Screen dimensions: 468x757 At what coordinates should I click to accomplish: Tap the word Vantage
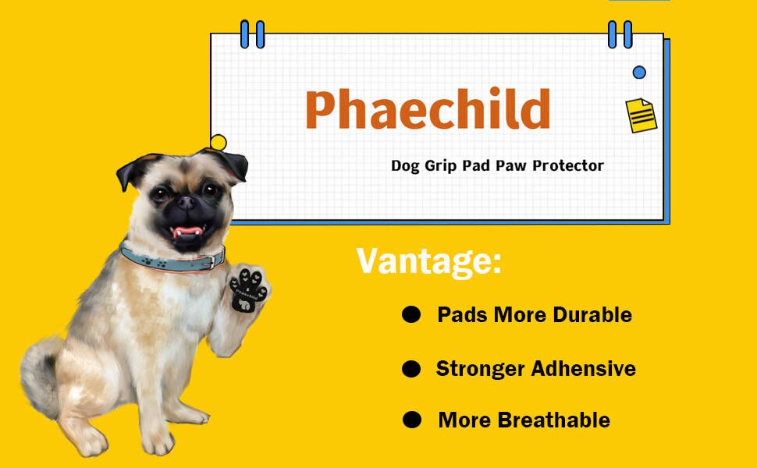point(428,261)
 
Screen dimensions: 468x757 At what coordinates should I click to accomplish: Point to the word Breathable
point(554,420)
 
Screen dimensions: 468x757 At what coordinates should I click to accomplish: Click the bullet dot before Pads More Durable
point(411,315)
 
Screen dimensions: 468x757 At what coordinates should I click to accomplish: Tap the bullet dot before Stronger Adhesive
point(411,369)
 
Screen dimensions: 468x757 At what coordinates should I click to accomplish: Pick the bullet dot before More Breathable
point(411,420)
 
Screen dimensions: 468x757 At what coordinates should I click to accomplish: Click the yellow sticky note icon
point(641,115)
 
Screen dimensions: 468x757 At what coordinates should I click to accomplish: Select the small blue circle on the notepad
point(639,73)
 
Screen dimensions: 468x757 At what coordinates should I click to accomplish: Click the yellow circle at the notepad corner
point(219,142)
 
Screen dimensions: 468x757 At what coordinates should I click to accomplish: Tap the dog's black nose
point(187,203)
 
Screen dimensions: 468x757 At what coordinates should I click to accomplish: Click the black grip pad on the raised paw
point(250,289)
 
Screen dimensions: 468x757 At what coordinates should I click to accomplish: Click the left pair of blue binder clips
point(252,34)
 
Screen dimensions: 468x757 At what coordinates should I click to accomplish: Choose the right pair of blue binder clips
point(620,34)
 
